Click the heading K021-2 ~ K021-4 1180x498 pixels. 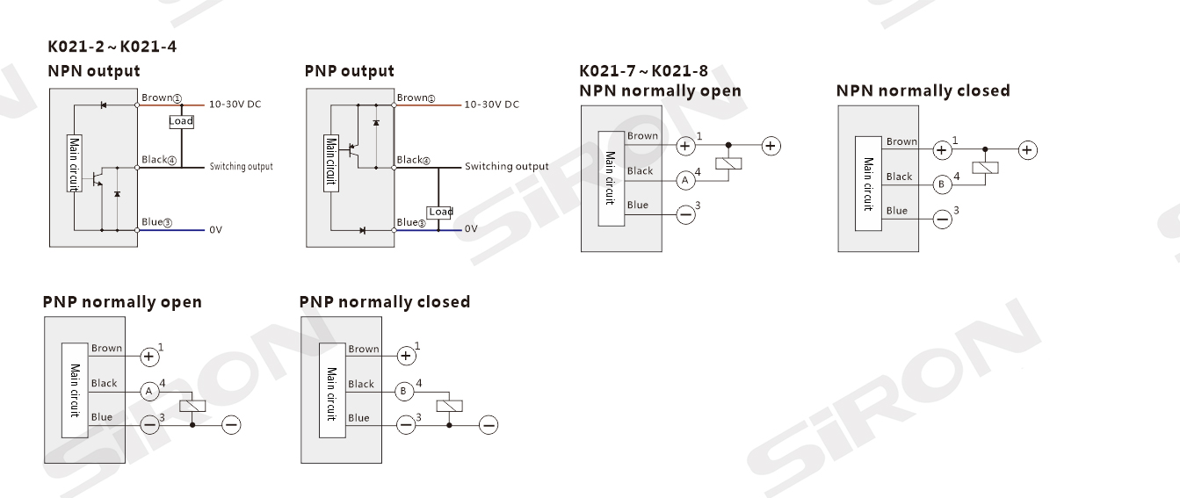click(x=112, y=47)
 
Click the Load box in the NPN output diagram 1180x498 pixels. click(x=181, y=121)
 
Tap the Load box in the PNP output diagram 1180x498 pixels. click(x=440, y=212)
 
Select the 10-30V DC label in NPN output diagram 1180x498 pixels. click(x=235, y=105)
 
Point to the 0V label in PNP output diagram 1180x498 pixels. click(x=471, y=229)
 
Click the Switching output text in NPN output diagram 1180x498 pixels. click(x=241, y=167)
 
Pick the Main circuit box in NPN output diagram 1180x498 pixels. click(x=74, y=163)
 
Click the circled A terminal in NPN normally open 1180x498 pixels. click(x=686, y=181)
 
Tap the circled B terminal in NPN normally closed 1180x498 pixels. click(x=942, y=184)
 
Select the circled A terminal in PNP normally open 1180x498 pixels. click(x=150, y=391)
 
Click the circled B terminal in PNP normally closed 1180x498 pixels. click(x=406, y=391)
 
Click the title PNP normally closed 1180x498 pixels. click(x=384, y=302)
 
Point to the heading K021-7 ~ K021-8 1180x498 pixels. click(x=643, y=71)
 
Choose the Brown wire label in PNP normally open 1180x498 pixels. click(x=106, y=349)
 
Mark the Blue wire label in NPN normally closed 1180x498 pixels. click(x=896, y=211)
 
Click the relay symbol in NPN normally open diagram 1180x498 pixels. click(x=729, y=163)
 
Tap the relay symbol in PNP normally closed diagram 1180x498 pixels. click(x=450, y=406)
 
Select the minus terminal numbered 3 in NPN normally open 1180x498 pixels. click(x=686, y=213)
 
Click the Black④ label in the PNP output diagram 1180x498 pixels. click(x=413, y=160)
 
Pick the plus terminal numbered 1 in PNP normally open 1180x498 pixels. click(x=150, y=356)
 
